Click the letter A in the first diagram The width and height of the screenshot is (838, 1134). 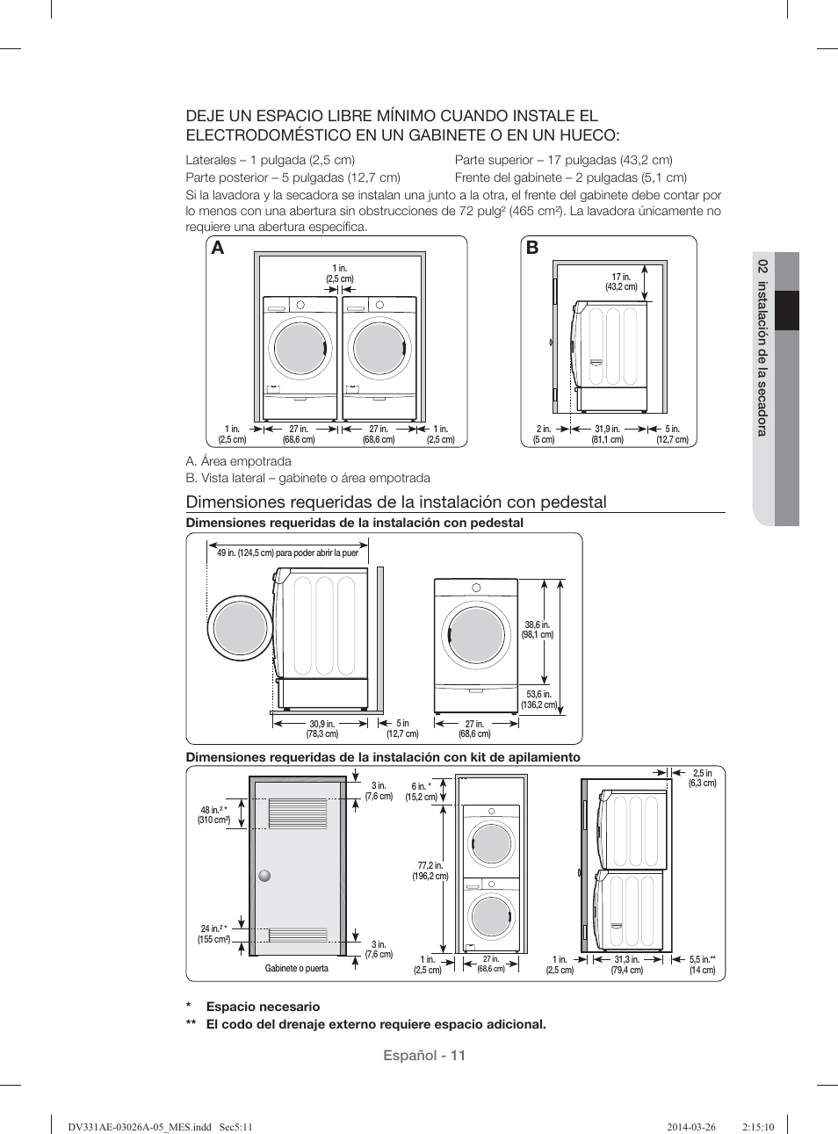click(x=218, y=249)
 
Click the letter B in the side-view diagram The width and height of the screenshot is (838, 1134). click(x=532, y=249)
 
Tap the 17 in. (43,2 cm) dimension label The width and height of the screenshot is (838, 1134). click(x=621, y=282)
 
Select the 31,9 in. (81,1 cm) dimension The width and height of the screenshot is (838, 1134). click(x=607, y=435)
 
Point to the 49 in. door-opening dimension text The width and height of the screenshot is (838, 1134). click(x=287, y=553)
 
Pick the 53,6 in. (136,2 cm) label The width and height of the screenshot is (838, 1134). click(x=538, y=699)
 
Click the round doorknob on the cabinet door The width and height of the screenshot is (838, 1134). click(x=264, y=876)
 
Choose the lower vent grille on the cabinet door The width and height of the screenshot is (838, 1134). click(x=297, y=935)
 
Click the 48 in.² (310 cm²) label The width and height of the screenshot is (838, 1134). click(x=213, y=815)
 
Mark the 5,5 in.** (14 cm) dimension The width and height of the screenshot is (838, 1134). click(x=702, y=964)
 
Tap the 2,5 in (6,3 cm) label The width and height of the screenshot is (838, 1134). click(x=702, y=778)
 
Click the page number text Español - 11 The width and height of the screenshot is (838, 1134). click(x=423, y=1055)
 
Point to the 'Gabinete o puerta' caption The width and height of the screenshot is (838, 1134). click(x=297, y=968)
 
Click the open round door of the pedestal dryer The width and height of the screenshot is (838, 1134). click(x=240, y=629)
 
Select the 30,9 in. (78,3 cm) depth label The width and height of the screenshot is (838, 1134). click(x=322, y=729)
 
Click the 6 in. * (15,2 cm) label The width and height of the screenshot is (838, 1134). click(x=421, y=792)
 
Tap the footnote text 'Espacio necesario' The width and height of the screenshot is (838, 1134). click(x=263, y=1007)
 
